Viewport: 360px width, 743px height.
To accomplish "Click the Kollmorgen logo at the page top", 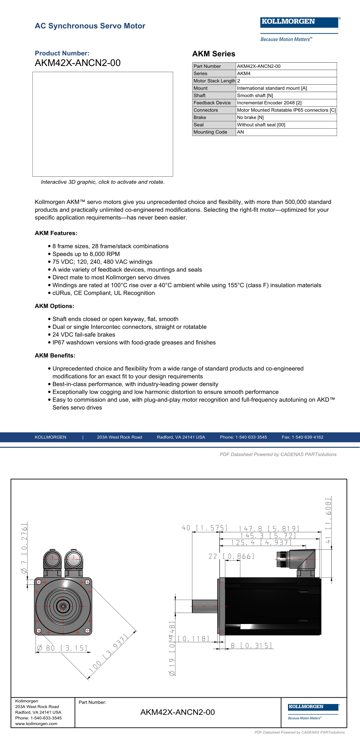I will coord(299,22).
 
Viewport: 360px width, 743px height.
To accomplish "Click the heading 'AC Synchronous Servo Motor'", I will coord(90,26).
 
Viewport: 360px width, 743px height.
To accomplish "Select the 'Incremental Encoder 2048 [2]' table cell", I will coord(269,103).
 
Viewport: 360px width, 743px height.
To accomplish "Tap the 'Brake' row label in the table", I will coord(200,117).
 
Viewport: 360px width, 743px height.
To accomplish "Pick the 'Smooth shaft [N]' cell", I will coord(255,95).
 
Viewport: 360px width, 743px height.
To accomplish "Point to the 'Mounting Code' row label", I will coord(210,132).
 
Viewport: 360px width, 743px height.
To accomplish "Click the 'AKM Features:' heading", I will coord(56,233).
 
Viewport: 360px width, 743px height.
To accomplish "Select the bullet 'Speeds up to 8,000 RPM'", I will coord(86,254).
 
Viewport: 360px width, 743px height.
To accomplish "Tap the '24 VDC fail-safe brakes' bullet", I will coord(84,335).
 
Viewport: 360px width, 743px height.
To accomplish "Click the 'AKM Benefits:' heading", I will coord(55,356).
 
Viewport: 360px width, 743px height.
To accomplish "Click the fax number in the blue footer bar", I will coord(302,437).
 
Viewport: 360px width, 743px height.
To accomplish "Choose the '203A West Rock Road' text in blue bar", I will coord(119,437).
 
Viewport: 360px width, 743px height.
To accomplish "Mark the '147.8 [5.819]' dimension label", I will coord(269,529).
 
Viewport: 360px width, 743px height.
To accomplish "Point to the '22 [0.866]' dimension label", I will coord(231,556).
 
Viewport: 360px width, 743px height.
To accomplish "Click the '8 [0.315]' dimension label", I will coord(251,646).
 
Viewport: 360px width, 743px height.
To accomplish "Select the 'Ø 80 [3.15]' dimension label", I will coord(62,648).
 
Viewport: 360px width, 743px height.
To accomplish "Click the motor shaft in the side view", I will coord(204,606).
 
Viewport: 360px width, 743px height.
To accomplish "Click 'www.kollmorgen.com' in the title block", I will coord(36,724).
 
